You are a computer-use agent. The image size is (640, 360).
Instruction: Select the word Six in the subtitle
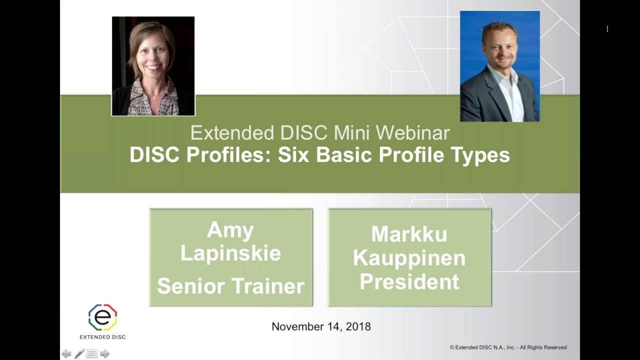294,155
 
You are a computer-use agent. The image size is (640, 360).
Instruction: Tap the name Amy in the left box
230,230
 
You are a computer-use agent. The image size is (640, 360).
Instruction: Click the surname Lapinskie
230,253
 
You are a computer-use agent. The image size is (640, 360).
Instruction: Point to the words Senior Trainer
230,286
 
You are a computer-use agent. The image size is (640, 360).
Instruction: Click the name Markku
409,234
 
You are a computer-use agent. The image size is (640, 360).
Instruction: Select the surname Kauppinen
409,258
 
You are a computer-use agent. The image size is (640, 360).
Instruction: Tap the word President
409,281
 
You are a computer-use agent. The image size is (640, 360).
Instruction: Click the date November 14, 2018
321,326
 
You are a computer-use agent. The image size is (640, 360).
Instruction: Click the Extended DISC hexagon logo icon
102,317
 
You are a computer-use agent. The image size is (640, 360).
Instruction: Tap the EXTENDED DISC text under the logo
102,337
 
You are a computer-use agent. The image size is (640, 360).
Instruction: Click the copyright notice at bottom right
508,347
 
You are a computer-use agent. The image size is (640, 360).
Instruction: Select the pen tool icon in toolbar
79,354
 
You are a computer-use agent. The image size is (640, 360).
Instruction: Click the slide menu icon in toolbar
92,354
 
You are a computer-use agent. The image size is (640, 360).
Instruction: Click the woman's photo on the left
153,66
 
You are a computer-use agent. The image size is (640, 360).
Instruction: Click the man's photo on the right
499,66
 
